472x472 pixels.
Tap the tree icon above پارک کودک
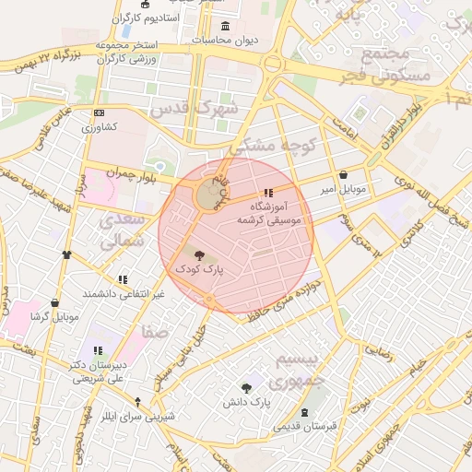201,252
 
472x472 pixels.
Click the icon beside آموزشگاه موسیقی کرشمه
268,194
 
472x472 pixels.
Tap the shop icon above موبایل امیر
344,174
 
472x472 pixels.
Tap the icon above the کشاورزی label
99,112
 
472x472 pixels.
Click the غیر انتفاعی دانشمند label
123,293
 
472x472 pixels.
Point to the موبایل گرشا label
56,316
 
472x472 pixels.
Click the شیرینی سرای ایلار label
137,415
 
